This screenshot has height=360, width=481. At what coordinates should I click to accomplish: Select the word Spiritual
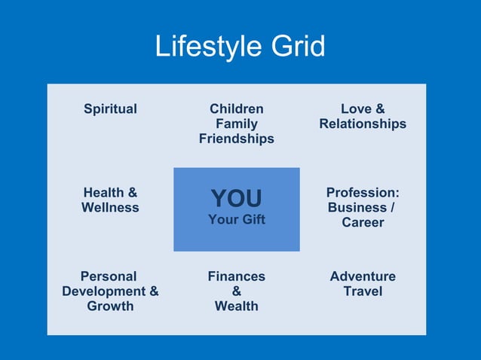[110, 109]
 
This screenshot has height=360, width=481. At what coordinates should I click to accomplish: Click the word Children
[237, 109]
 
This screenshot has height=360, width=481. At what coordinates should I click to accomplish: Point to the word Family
[237, 124]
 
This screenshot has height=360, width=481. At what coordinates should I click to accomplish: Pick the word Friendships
[237, 139]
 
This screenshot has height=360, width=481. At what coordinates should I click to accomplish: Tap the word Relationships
[363, 124]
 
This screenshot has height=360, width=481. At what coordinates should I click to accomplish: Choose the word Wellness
[110, 208]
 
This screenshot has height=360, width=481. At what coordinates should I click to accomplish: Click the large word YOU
[237, 199]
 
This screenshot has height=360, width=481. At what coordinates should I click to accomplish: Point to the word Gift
[251, 221]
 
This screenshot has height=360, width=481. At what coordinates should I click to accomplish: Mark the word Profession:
[363, 193]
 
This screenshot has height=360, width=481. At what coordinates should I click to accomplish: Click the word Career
[363, 223]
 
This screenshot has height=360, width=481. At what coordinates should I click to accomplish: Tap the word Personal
[109, 276]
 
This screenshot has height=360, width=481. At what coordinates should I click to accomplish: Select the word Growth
[110, 307]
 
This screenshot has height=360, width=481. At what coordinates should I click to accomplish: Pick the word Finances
[237, 276]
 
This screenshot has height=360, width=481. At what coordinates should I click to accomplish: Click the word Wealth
[237, 307]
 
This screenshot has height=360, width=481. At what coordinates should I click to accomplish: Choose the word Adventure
[363, 276]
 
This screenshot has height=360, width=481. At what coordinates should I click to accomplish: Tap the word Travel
[363, 291]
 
